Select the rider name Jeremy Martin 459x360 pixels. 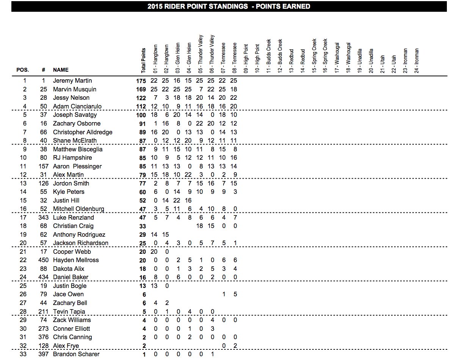(72, 81)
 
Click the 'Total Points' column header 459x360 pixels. (143, 61)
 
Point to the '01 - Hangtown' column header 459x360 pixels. (155, 59)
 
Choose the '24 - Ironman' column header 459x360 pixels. (417, 60)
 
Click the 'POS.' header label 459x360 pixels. (22, 70)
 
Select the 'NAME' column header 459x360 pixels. (61, 70)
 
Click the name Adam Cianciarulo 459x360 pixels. (77, 107)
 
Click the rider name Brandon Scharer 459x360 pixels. (76, 354)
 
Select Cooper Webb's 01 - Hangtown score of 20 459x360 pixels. (154, 252)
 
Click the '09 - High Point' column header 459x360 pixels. (246, 59)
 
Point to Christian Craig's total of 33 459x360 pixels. (143, 226)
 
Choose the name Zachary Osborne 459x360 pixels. (76, 124)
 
